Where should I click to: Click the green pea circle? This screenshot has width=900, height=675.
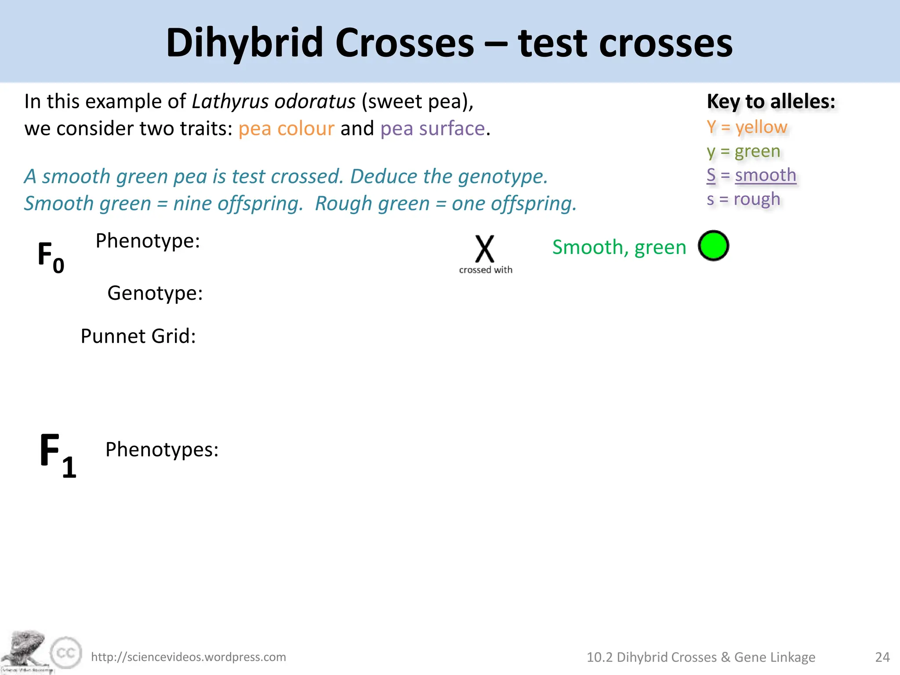713,246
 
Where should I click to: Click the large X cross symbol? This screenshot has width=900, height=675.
485,249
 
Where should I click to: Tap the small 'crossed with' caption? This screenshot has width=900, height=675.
486,270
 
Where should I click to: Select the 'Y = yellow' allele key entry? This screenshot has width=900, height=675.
747,127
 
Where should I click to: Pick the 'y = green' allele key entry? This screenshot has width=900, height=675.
743,151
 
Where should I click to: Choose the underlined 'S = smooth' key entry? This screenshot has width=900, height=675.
751,175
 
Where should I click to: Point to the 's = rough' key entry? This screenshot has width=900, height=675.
743,199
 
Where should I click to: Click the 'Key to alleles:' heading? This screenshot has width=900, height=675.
771,102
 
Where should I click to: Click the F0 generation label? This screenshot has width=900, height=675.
51,257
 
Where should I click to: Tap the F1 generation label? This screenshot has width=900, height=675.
57,455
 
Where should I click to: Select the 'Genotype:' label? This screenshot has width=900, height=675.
155,293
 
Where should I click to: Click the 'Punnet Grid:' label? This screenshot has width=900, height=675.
138,336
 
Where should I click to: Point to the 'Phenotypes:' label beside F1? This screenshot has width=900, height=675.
162,450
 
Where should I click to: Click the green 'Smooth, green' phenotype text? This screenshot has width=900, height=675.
619,247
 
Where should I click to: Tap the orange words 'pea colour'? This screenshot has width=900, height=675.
286,129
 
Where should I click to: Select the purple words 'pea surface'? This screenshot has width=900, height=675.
432,129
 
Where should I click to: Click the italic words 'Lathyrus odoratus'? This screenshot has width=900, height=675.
273,102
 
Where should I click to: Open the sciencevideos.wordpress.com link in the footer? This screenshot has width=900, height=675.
188,657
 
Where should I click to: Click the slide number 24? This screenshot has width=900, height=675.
882,657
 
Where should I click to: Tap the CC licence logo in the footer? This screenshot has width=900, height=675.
66,653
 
